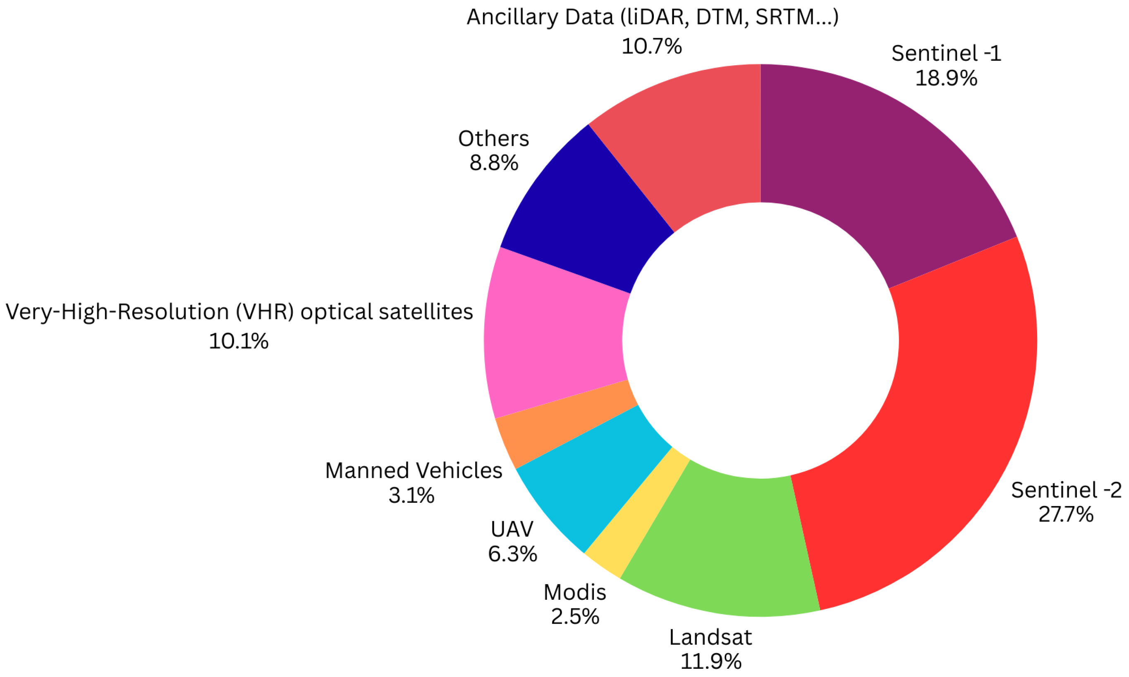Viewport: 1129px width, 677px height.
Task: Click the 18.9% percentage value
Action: tap(946, 78)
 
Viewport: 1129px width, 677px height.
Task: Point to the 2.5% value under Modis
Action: tap(574, 617)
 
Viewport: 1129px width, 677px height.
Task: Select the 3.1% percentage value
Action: tap(411, 495)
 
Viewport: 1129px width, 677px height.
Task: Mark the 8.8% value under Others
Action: tap(494, 163)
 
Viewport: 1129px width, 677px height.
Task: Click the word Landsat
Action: tap(710, 637)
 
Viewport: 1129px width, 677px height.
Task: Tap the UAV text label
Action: tap(512, 529)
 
